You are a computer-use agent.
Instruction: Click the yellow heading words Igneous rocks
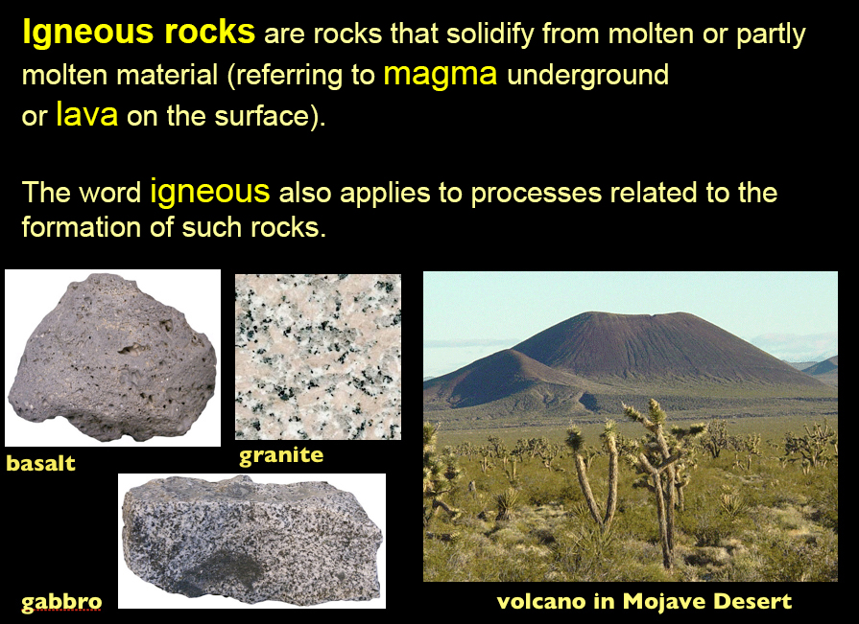pos(138,33)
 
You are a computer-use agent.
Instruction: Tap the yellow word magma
pos(441,74)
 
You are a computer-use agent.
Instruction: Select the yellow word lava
pos(87,114)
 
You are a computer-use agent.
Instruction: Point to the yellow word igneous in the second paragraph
pos(210,192)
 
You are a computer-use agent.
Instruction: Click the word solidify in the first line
pos(489,35)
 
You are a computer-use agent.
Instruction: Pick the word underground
pos(587,75)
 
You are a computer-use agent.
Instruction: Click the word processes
pos(537,193)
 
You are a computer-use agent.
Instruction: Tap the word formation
pos(81,227)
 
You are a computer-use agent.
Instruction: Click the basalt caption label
pos(40,463)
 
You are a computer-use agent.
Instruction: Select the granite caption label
pos(281,455)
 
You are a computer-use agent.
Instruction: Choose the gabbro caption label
pos(61,602)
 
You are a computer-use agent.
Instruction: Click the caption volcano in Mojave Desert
pos(644,601)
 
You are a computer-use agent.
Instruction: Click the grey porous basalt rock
pos(113,358)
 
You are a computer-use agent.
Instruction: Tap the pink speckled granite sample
pos(318,357)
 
